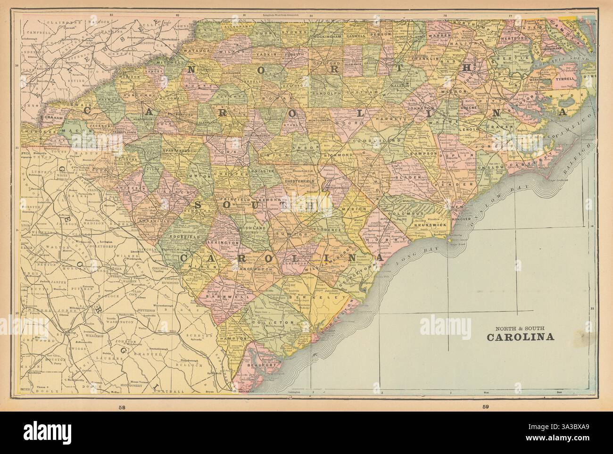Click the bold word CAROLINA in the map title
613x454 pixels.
tap(520, 337)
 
